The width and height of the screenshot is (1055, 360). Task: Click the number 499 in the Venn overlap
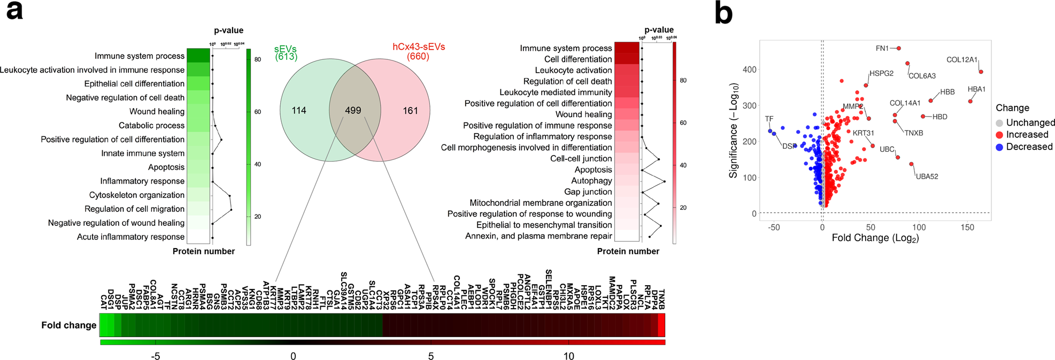pyautogui.click(x=353, y=110)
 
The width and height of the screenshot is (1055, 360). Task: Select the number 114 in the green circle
pyautogui.click(x=299, y=111)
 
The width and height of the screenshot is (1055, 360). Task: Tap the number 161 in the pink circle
pyautogui.click(x=410, y=111)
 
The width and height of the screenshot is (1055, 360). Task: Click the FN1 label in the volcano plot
pyautogui.click(x=882, y=49)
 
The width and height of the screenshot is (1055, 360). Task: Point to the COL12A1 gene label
pyautogui.click(x=962, y=60)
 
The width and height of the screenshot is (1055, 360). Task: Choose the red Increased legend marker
pyautogui.click(x=999, y=135)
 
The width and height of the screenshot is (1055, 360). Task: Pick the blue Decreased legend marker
pyautogui.click(x=999, y=147)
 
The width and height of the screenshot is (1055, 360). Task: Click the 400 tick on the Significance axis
pyautogui.click(x=750, y=70)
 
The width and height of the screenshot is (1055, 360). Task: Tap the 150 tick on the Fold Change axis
pyautogui.click(x=967, y=227)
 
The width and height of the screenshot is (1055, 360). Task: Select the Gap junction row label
pyautogui.click(x=588, y=192)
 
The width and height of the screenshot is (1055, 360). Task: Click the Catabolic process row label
pyautogui.click(x=151, y=125)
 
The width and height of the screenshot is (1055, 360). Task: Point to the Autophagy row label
pyautogui.click(x=591, y=181)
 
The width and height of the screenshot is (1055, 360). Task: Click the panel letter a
pyautogui.click(x=14, y=11)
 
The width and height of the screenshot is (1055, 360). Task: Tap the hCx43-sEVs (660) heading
pyautogui.click(x=419, y=51)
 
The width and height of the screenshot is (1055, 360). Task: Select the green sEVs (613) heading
pyautogui.click(x=286, y=52)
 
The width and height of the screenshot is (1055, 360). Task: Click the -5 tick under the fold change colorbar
pyautogui.click(x=155, y=356)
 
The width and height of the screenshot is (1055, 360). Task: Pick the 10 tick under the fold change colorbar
pyautogui.click(x=568, y=356)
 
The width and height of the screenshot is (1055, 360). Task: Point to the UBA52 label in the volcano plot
pyautogui.click(x=927, y=177)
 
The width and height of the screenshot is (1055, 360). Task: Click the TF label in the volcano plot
pyautogui.click(x=769, y=119)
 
